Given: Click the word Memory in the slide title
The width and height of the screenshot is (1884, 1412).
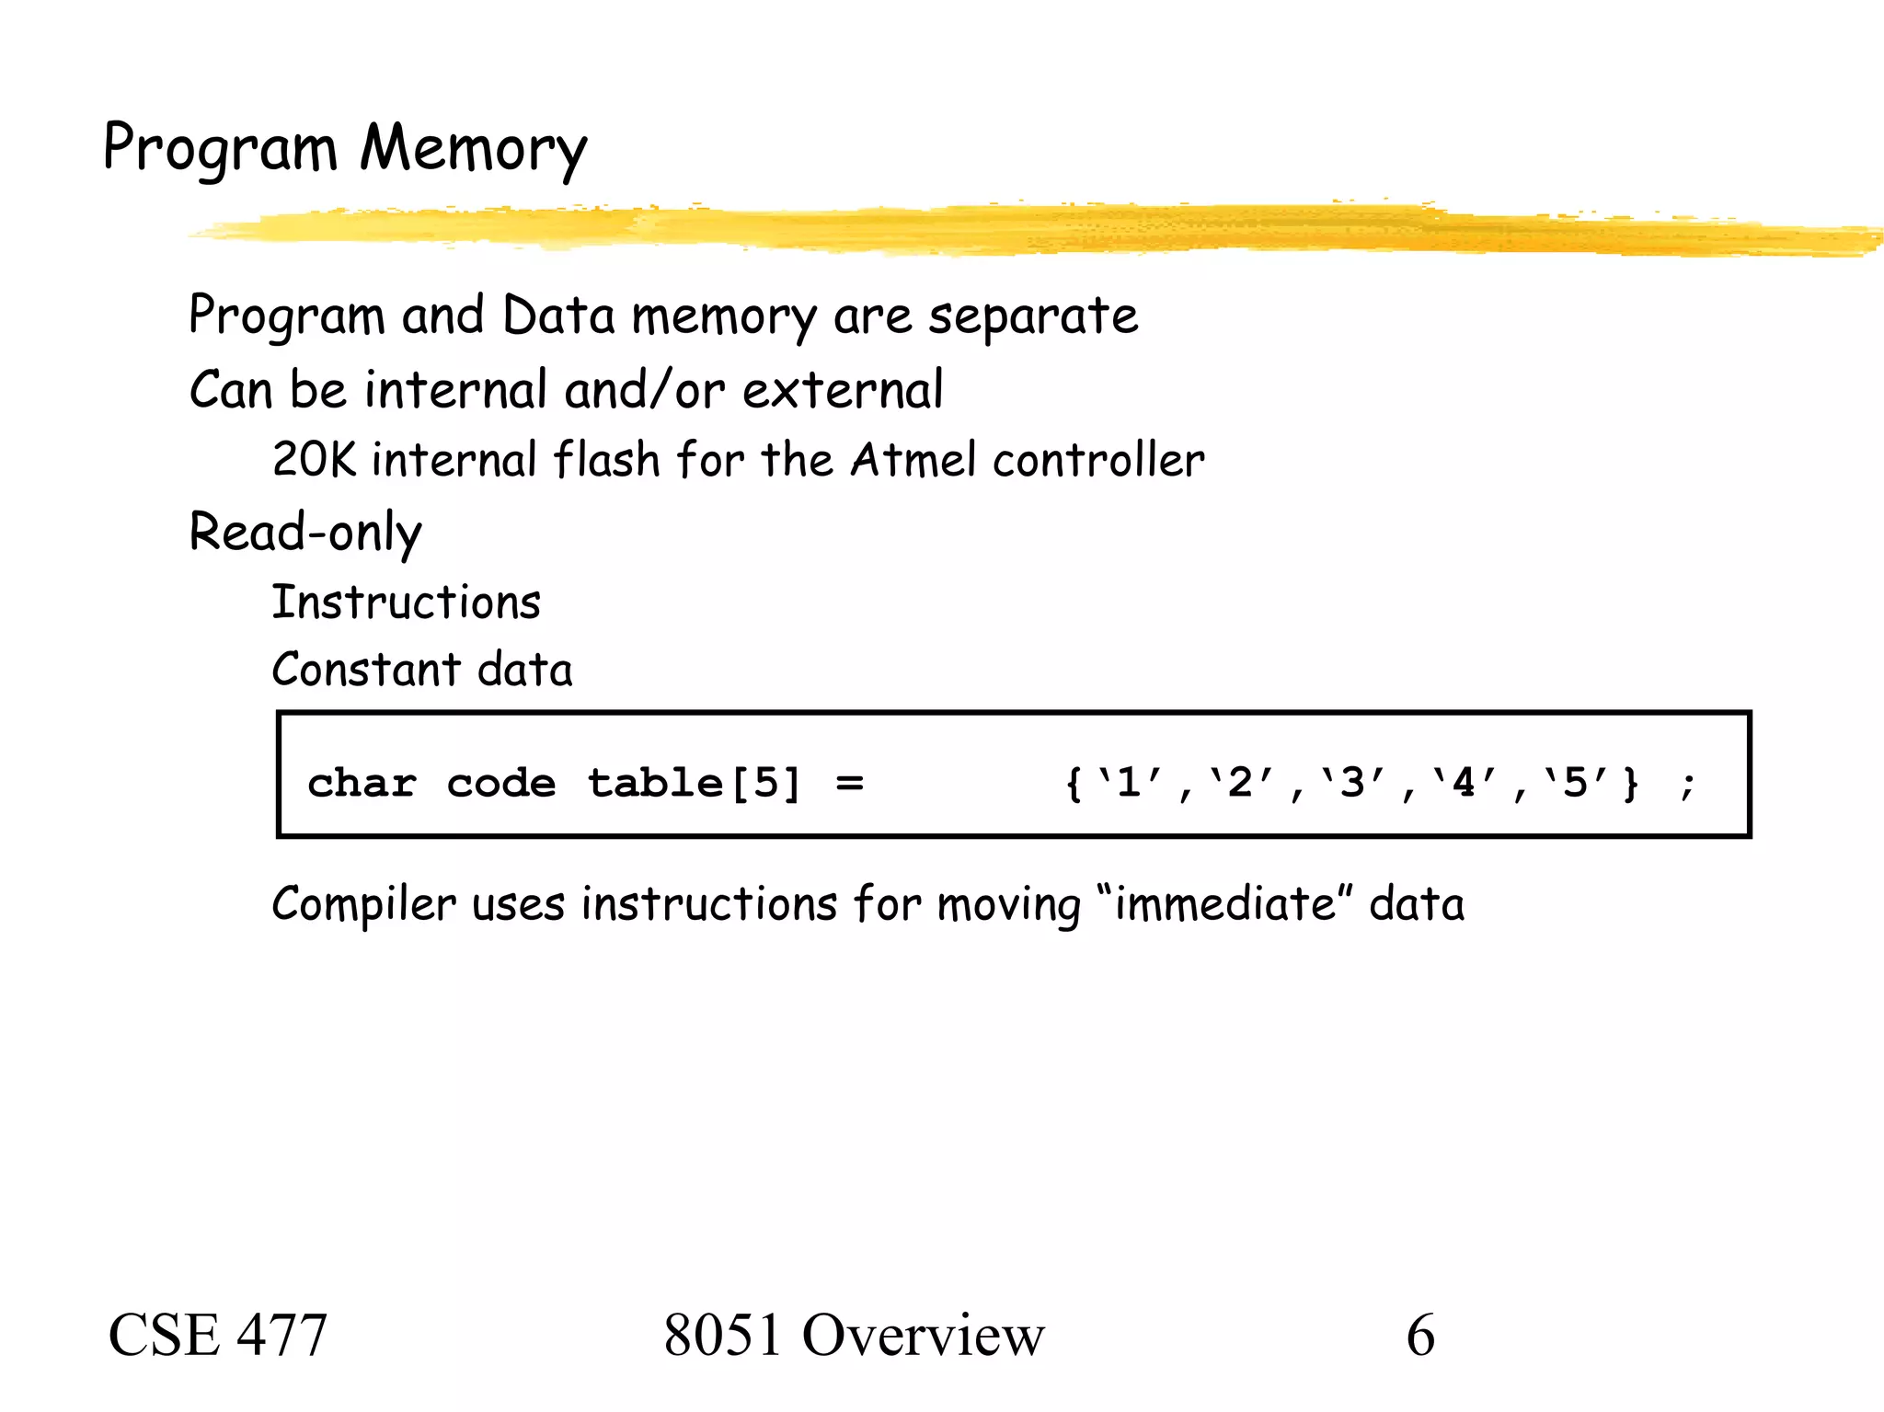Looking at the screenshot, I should pos(473,149).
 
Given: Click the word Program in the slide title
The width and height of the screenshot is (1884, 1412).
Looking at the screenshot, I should pos(220,149).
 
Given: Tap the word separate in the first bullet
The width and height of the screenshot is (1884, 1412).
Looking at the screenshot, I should pos(1033,317).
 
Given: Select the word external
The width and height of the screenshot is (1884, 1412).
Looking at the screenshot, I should pos(843,390).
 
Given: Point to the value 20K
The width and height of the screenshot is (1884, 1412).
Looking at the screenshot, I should pos(314,460).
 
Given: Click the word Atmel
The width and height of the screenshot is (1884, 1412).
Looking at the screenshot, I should pos(913,460).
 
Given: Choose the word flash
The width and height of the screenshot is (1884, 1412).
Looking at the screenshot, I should pos(607,460).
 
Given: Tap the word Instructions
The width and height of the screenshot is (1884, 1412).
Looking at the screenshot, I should pos(407,603).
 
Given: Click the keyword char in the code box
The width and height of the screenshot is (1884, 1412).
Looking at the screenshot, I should pos(362,784).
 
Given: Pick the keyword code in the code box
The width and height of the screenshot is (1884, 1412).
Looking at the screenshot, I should pos(501,784).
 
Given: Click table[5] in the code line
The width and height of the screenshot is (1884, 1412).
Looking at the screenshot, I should pos(695,784).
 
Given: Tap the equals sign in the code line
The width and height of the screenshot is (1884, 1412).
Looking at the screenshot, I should pos(850,784).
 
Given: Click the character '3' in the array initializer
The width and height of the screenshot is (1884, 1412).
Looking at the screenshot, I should pos(1352,784).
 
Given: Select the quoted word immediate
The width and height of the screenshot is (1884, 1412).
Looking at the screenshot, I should pos(1224,904).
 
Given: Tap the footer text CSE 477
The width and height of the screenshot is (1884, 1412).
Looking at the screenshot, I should pos(218,1336).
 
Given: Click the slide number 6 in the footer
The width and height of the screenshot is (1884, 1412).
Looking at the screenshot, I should pos(1420,1336).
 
